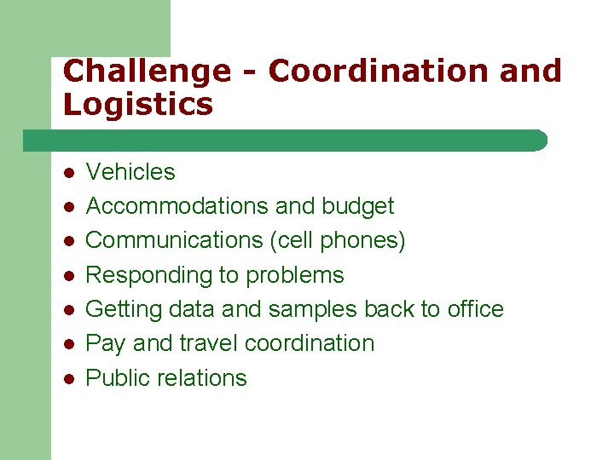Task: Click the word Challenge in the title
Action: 146,72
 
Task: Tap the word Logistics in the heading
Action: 137,106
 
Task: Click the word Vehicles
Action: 130,172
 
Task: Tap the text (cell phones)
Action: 338,241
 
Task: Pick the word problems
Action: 294,276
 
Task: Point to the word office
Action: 475,308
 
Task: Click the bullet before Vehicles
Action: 68,173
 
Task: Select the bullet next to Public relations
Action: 68,378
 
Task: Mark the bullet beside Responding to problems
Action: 68,276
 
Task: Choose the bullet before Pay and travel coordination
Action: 68,344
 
